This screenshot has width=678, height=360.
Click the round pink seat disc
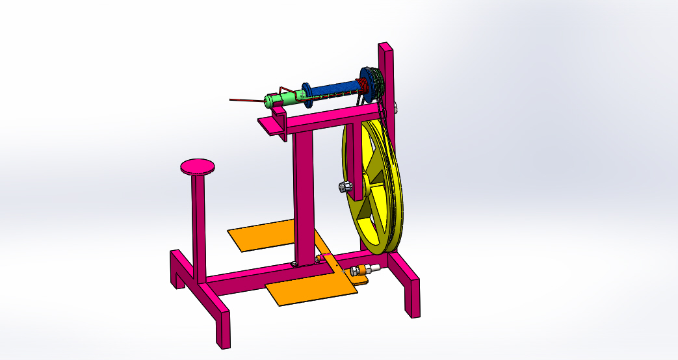tap(198, 166)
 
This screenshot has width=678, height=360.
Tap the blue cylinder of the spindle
tap(335, 87)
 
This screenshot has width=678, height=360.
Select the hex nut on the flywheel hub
tap(345, 187)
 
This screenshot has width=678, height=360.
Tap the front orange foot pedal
tap(312, 289)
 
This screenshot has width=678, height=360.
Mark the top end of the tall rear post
tap(385, 47)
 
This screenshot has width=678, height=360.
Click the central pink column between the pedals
tap(303, 195)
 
